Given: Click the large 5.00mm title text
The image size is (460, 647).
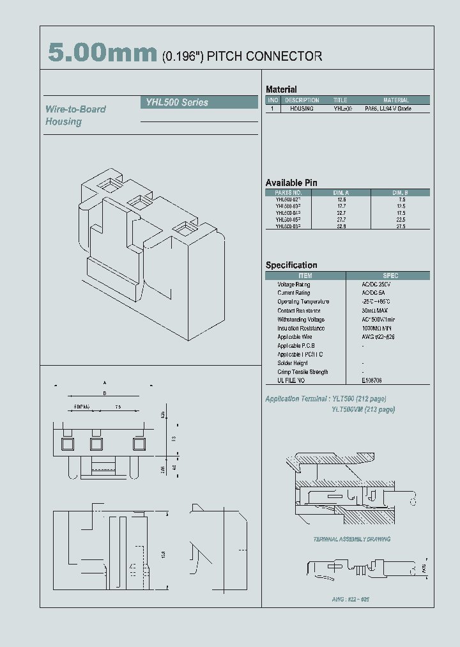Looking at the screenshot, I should pos(102,54).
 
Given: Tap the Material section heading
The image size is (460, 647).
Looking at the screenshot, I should pos(281,90).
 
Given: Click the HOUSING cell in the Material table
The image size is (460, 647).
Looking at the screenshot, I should pos(302,109).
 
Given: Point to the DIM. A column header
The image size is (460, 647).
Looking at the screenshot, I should pos(341,192).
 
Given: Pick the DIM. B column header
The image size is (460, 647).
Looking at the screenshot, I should pos(400,192).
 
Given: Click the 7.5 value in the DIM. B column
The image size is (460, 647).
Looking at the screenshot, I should pos(401,199).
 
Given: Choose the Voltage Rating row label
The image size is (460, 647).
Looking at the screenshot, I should pos(294,285).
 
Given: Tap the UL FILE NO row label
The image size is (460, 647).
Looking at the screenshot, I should pos(291,380).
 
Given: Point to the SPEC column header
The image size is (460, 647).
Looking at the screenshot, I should pos(390,276).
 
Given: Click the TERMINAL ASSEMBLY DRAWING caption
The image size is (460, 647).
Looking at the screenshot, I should pos(351,539).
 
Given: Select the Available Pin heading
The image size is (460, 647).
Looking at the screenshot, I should pos(291,183).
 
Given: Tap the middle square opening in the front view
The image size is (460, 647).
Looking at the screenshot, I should pos(96,443).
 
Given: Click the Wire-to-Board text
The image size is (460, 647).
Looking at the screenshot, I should pos(75,109).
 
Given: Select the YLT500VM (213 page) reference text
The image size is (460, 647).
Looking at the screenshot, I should pos(363,409).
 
